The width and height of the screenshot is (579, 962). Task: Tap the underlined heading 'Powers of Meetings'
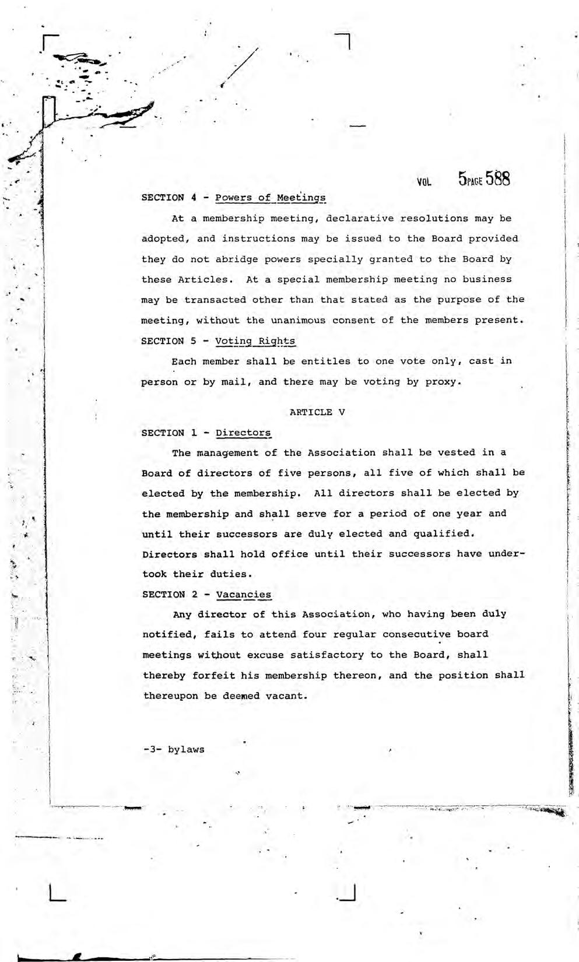pyautogui.click(x=270, y=198)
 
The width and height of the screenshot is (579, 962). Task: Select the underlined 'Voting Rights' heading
pyautogui.click(x=255, y=341)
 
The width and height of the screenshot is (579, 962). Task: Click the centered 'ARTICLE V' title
pyautogui.click(x=317, y=412)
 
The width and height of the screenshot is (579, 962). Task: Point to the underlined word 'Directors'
pyautogui.click(x=243, y=433)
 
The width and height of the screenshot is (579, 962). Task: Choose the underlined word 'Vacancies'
pyautogui.click(x=243, y=595)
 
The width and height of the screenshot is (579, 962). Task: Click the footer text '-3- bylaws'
pyautogui.click(x=174, y=749)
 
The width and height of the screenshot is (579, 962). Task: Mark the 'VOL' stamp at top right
pyautogui.click(x=424, y=182)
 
